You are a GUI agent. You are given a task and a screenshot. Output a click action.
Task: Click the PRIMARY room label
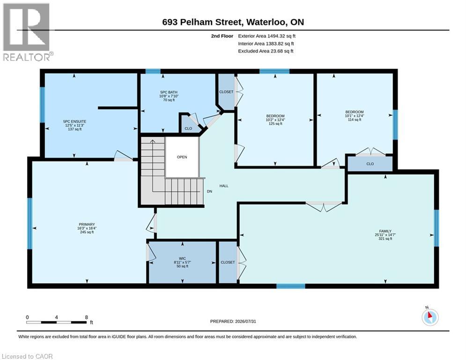(87, 225)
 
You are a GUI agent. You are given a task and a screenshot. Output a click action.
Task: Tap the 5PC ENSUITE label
(74, 121)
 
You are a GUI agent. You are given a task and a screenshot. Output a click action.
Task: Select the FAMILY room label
(385, 231)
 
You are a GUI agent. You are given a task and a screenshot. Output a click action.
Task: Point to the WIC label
(182, 259)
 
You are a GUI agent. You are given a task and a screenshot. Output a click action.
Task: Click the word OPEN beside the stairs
(182, 157)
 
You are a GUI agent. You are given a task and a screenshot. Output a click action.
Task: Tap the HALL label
(224, 186)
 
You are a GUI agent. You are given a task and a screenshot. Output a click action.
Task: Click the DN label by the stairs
(209, 191)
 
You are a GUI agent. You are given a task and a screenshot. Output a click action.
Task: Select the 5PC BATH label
(169, 92)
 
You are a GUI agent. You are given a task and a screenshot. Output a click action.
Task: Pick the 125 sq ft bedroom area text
(275, 124)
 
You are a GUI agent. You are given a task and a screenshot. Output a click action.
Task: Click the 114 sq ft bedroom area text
(354, 120)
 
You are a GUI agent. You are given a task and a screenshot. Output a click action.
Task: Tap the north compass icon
(430, 316)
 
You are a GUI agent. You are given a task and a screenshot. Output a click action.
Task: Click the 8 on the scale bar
(87, 317)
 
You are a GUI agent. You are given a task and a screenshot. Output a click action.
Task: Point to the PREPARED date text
(233, 321)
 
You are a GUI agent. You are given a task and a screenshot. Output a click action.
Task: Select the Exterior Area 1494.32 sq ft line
(266, 36)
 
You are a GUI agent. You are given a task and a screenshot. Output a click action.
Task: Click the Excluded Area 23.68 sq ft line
(266, 51)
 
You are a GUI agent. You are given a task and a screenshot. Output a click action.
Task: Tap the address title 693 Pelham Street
(203, 22)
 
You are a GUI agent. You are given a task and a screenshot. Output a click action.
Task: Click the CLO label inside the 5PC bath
(188, 128)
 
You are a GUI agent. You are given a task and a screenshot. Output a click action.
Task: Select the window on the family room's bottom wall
(291, 286)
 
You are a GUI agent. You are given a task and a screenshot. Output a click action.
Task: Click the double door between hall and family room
(324, 205)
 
